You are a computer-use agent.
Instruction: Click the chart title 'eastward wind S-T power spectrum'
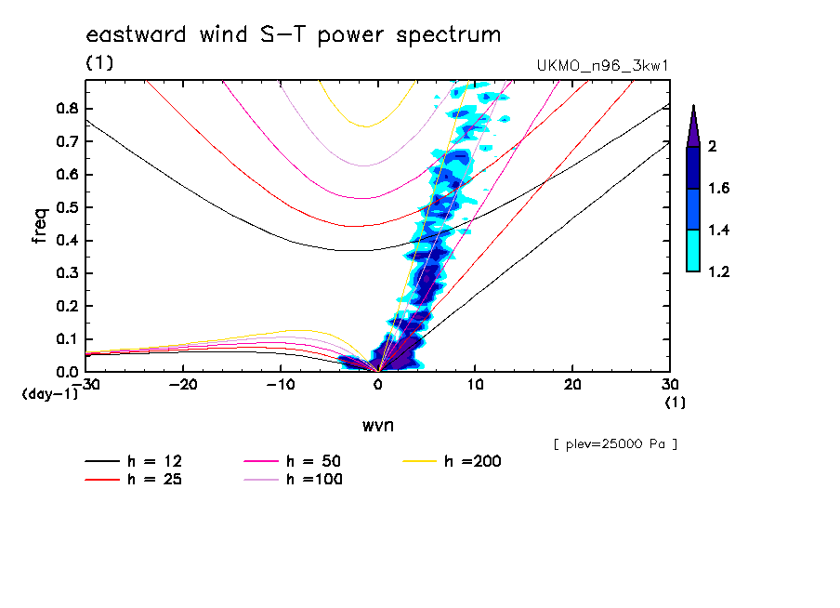pyautogui.click(x=294, y=35)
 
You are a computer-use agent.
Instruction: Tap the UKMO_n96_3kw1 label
pyautogui.click(x=603, y=66)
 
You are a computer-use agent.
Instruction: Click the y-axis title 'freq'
pyautogui.click(x=39, y=226)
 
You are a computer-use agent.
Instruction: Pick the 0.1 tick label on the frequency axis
pyautogui.click(x=67, y=339)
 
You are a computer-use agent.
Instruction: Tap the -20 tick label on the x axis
pyautogui.click(x=183, y=385)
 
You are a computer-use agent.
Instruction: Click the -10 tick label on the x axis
pyautogui.click(x=280, y=385)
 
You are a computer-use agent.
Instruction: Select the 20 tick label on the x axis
pyautogui.click(x=571, y=385)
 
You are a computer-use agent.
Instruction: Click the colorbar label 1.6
pyautogui.click(x=719, y=189)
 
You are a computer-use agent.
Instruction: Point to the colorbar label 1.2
pyautogui.click(x=719, y=272)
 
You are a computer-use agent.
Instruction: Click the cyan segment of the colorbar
pyautogui.click(x=693, y=251)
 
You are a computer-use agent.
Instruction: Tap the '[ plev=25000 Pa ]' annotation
pyautogui.click(x=615, y=444)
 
